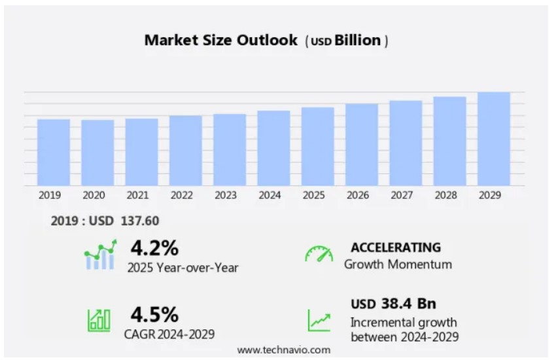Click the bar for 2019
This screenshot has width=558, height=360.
point(54,152)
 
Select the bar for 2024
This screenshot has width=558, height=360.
point(273,148)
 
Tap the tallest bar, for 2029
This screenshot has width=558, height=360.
point(493,139)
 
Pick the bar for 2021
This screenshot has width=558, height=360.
point(141,152)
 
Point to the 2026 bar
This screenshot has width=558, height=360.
point(362,145)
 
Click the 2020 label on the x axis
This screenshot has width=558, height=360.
point(94,195)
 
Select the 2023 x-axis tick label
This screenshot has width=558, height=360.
point(226,195)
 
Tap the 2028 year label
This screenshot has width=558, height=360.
point(446,195)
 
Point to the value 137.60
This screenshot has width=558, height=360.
point(140,221)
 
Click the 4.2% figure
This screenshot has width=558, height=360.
point(154,248)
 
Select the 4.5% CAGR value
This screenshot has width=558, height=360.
point(154,314)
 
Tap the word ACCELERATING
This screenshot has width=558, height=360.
point(395,247)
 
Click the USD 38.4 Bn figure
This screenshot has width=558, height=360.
point(393,304)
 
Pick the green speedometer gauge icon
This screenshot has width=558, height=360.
point(319,255)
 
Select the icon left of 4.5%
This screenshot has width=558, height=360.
point(99,319)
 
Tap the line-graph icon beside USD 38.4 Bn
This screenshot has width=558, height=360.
point(319,320)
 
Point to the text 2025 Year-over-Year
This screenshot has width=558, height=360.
point(183,267)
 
